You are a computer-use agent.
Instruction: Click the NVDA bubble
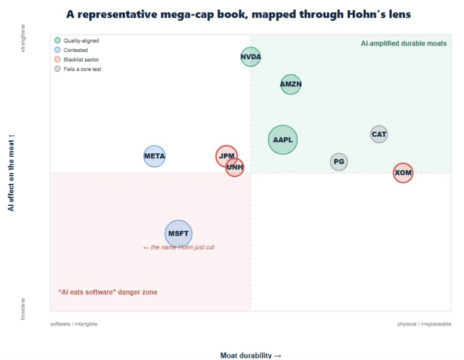250,57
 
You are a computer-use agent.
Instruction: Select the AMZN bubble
291,84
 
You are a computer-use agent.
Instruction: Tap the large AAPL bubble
282,140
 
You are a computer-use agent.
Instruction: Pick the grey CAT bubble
379,134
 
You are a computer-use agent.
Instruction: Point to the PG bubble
339,162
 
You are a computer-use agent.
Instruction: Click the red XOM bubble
403,173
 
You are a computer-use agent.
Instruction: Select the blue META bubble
155,156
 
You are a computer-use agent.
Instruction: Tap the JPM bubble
227,156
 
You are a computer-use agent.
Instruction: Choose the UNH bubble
234,167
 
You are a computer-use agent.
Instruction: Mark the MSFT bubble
179,234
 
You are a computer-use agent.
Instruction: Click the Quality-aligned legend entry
77,40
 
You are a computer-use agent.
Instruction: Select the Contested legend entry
71,50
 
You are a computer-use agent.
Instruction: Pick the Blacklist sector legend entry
77,59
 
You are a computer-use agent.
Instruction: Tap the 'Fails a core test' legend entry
78,69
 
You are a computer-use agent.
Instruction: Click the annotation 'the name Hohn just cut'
179,247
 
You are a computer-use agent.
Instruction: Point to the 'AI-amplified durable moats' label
404,43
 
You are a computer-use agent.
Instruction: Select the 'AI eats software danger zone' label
108,292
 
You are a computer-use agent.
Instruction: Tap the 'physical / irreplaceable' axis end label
424,324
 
